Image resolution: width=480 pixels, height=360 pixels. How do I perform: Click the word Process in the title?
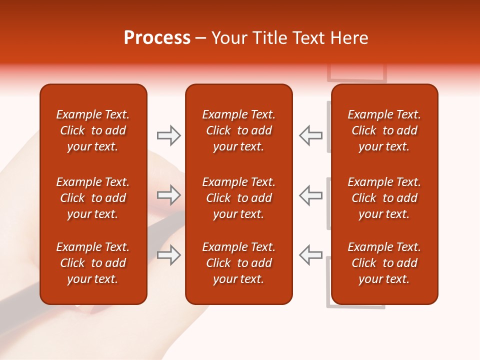pos(157,38)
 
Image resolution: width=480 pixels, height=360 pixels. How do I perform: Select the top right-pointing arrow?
pos(168,135)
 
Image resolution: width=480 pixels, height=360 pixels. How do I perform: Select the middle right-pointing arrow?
pos(168,195)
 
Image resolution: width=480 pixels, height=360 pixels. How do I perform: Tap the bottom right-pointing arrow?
pos(168,255)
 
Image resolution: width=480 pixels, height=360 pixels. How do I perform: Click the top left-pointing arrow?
pos(310,135)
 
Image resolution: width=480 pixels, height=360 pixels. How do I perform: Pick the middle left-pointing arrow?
pos(310,195)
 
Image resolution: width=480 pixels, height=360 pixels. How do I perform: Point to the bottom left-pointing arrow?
pos(310,255)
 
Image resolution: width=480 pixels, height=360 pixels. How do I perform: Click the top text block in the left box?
pos(93,130)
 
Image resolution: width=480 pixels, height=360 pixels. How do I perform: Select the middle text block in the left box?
pos(93,198)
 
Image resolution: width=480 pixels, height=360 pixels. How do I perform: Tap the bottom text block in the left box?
pos(93,263)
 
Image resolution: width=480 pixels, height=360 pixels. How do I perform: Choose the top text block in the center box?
pos(238,130)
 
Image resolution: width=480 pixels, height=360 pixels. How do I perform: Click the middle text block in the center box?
pos(238,198)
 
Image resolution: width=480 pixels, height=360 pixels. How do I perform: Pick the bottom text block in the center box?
pos(238,263)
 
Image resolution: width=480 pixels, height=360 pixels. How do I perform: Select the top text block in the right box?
pos(384,130)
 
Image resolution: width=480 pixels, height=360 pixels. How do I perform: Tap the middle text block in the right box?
pos(384,198)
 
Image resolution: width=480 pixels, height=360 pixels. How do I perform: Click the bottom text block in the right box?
pos(384,263)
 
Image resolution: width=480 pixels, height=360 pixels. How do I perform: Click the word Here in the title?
pos(349,38)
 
